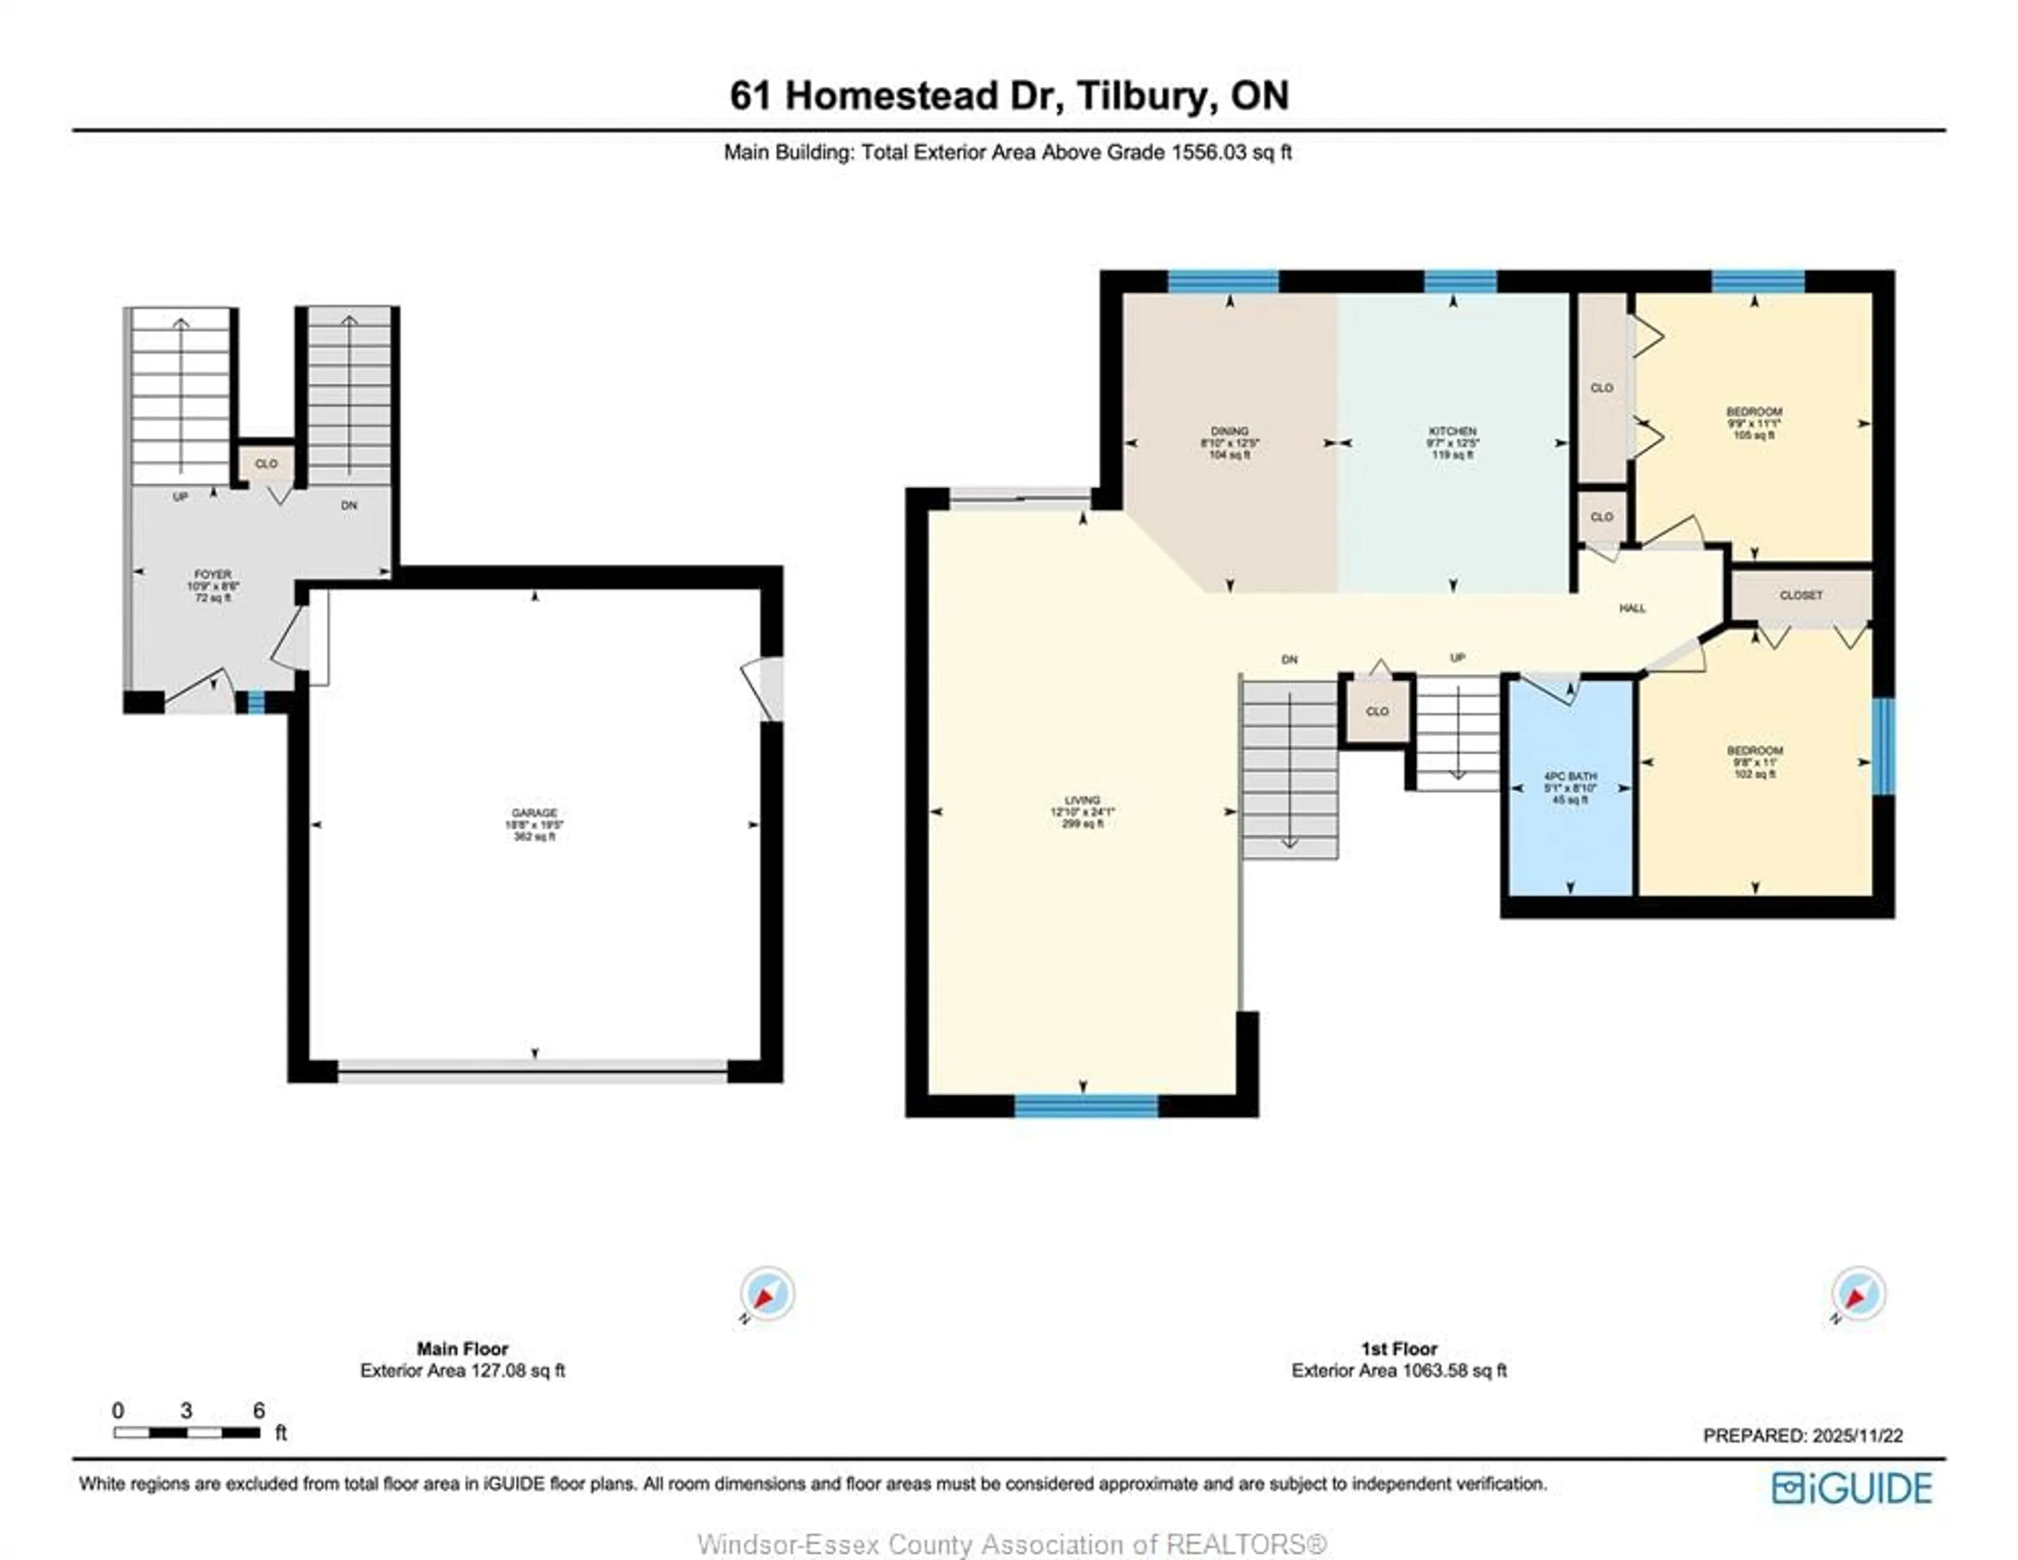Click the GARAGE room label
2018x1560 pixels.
534,813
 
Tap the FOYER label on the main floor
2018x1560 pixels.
212,575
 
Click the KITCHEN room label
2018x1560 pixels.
1453,431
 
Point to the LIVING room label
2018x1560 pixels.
1082,801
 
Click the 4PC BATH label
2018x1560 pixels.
1570,777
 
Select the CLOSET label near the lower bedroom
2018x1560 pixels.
1801,596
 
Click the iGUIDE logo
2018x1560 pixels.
1852,1488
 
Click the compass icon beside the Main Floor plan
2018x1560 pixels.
766,1293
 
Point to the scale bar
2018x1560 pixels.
187,1432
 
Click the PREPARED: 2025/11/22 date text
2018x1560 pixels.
1803,1436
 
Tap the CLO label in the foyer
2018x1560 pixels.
266,464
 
